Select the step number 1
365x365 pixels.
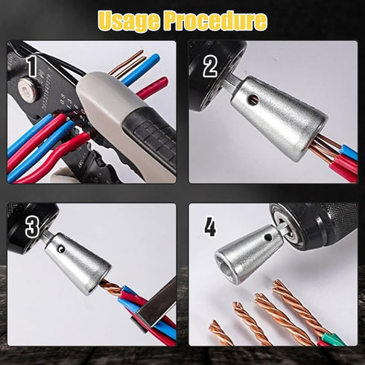pos(31,66)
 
